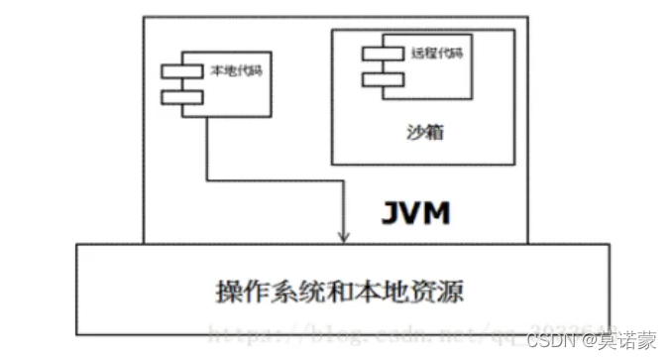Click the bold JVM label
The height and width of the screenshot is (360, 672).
pos(415,212)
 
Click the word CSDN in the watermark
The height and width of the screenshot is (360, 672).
pos(546,340)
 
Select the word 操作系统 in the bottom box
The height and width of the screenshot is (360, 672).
pos(255,293)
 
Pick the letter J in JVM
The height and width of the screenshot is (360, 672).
pos(391,212)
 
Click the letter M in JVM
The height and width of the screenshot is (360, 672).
pos(438,212)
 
